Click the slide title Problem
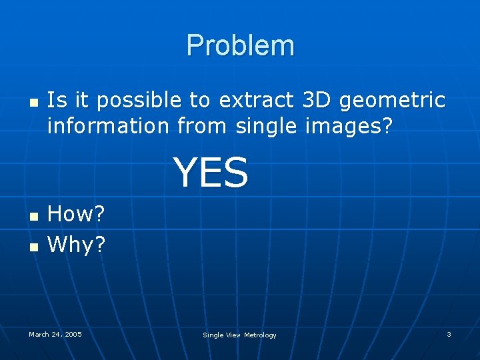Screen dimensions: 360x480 tap(240, 45)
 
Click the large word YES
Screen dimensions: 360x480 tap(211, 172)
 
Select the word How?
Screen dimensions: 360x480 tap(77, 214)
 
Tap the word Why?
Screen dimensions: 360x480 tap(77, 245)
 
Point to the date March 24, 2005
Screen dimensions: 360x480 tap(55, 334)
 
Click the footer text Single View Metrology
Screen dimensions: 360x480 tap(239, 335)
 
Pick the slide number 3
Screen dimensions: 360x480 tap(449, 334)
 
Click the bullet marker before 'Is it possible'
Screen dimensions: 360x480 tap(32, 103)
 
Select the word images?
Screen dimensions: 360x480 tap(357, 126)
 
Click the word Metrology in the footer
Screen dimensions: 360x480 tap(260, 335)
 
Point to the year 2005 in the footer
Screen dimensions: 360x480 tap(73, 334)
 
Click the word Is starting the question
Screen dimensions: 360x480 tap(56, 100)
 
